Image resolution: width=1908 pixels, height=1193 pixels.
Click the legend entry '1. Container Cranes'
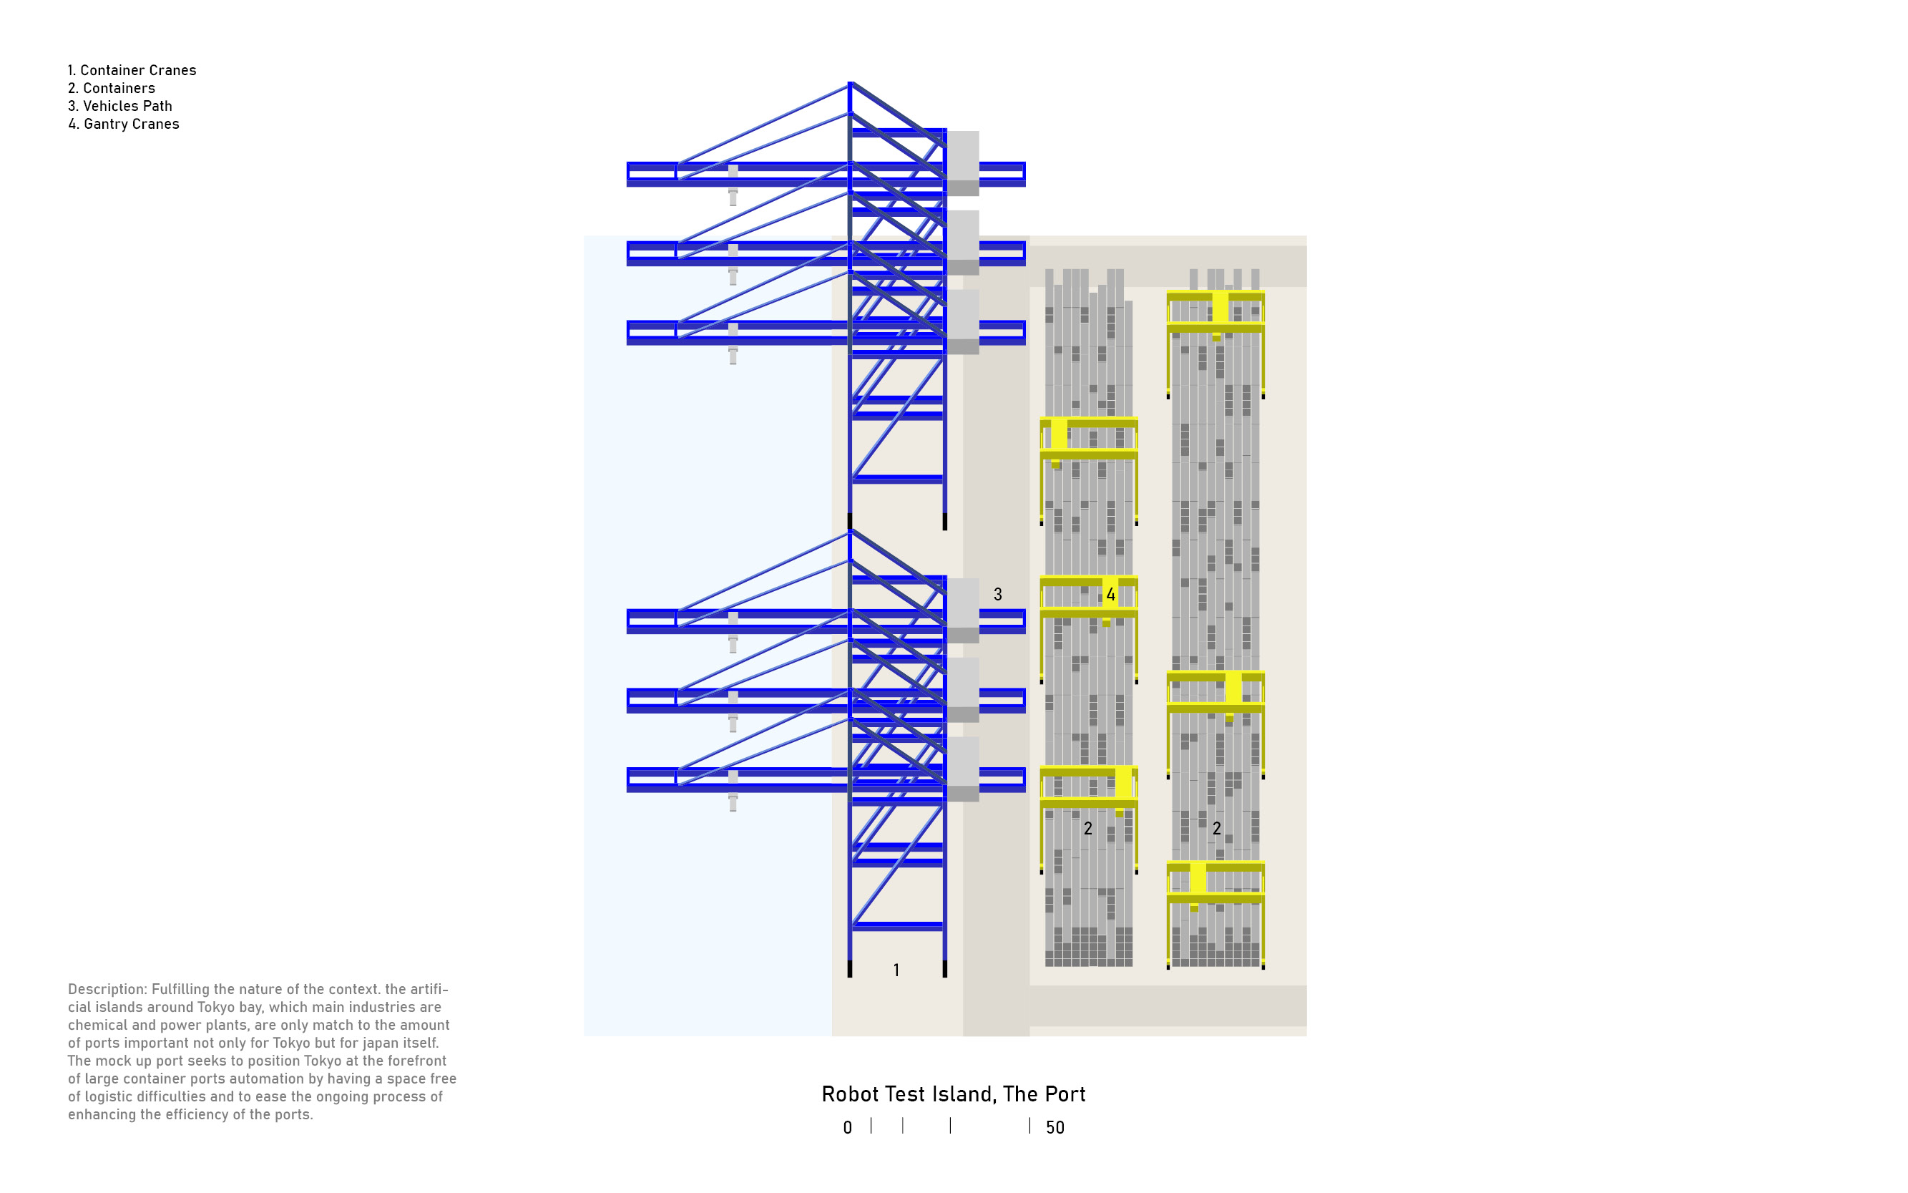[132, 70]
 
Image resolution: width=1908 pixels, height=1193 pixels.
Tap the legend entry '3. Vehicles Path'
[120, 106]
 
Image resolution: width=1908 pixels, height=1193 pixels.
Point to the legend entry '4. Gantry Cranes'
[124, 124]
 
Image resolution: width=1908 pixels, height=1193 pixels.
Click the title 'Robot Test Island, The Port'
[953, 1094]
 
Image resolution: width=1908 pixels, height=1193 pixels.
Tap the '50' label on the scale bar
[1055, 1127]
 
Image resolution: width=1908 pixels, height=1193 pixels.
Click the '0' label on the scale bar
[847, 1127]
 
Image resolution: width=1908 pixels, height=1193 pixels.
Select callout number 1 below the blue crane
[896, 970]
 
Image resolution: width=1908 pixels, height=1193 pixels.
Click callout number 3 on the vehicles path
[997, 594]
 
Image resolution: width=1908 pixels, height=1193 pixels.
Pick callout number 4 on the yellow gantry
[1110, 594]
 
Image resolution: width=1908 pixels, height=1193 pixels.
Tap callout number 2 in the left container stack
[1087, 828]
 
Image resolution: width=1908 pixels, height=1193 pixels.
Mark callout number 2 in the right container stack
[1216, 828]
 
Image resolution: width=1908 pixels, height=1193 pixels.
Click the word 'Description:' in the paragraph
[107, 988]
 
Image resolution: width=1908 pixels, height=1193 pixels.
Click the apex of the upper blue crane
[851, 84]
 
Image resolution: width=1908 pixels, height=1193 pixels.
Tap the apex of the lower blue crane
[851, 531]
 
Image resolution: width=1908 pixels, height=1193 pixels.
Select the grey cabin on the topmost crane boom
[962, 162]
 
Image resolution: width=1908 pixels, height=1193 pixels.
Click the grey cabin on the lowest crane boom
[962, 769]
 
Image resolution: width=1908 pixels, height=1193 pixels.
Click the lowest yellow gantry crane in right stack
[1215, 882]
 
